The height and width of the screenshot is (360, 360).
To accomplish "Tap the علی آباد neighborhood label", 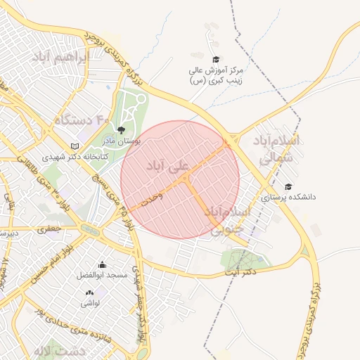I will (x=169, y=167).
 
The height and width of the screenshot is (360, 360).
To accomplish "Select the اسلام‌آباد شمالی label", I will (x=279, y=150).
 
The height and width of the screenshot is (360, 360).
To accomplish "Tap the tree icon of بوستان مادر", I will (x=122, y=130).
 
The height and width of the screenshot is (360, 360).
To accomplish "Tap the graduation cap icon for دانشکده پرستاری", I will (x=288, y=186).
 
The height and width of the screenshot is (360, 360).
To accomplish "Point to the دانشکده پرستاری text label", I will (x=288, y=197).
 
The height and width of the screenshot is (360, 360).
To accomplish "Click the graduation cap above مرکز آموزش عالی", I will (x=215, y=59).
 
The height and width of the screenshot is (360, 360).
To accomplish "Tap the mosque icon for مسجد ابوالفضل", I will (x=102, y=265).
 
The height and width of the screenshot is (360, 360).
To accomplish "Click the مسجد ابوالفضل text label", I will (x=102, y=276).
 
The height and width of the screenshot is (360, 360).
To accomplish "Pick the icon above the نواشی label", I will (x=89, y=292).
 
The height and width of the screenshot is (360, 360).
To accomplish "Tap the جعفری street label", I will (x=49, y=229).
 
